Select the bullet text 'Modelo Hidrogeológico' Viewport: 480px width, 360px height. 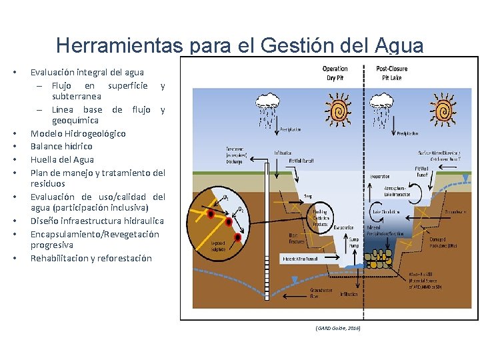pos(78,133)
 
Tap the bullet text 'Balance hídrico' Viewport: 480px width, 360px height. pos(61,146)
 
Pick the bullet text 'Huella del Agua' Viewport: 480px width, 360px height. pos(62,159)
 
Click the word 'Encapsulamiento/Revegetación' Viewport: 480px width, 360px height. pos(95,234)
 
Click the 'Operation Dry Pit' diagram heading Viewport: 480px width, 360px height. pos(335,73)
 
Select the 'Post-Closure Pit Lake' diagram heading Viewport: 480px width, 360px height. pos(391,73)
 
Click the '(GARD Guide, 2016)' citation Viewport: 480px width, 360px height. pos(338,329)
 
